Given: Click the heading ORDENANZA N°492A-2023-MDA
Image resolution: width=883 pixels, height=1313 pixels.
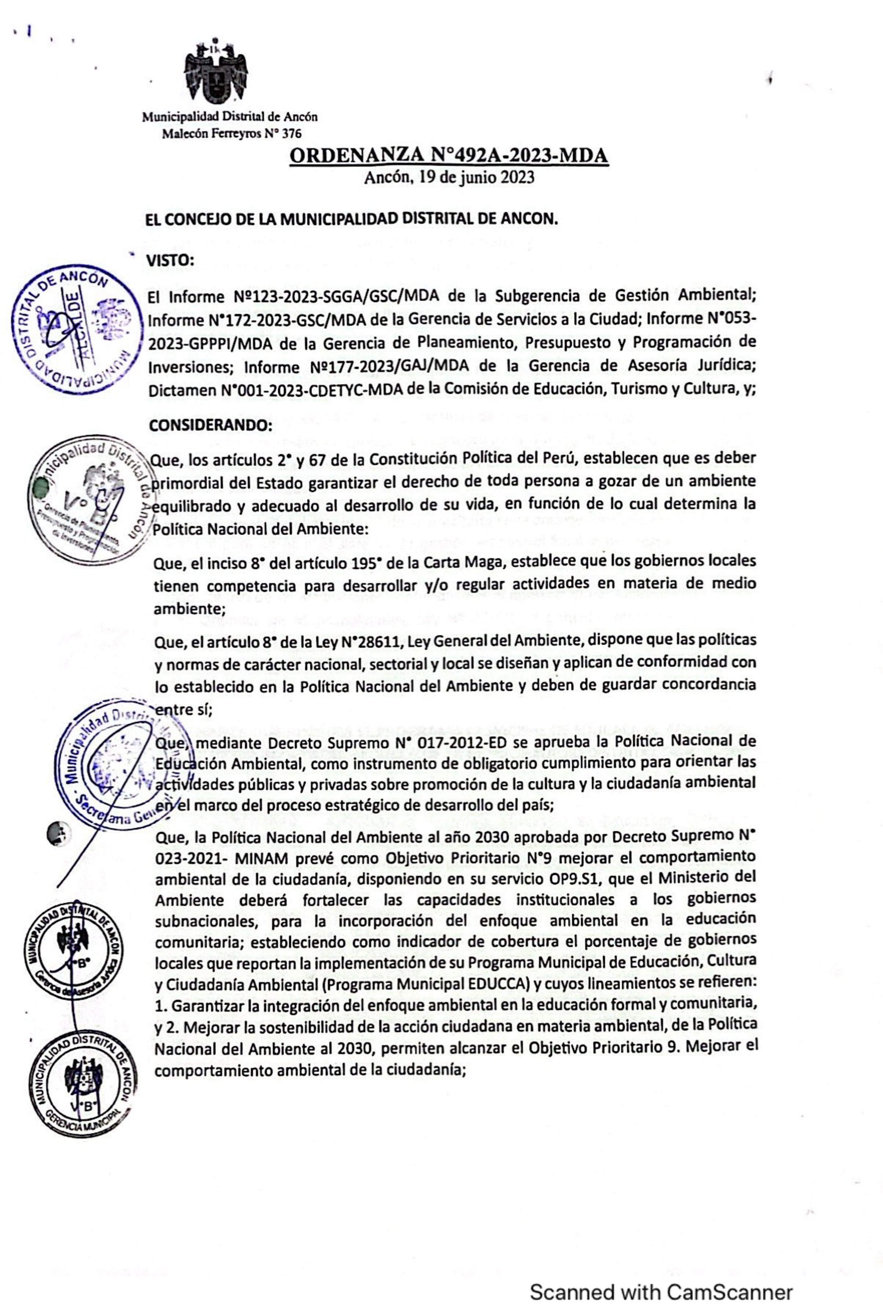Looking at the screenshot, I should (449, 155).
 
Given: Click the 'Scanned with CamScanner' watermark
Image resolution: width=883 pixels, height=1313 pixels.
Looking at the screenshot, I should (661, 1276).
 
